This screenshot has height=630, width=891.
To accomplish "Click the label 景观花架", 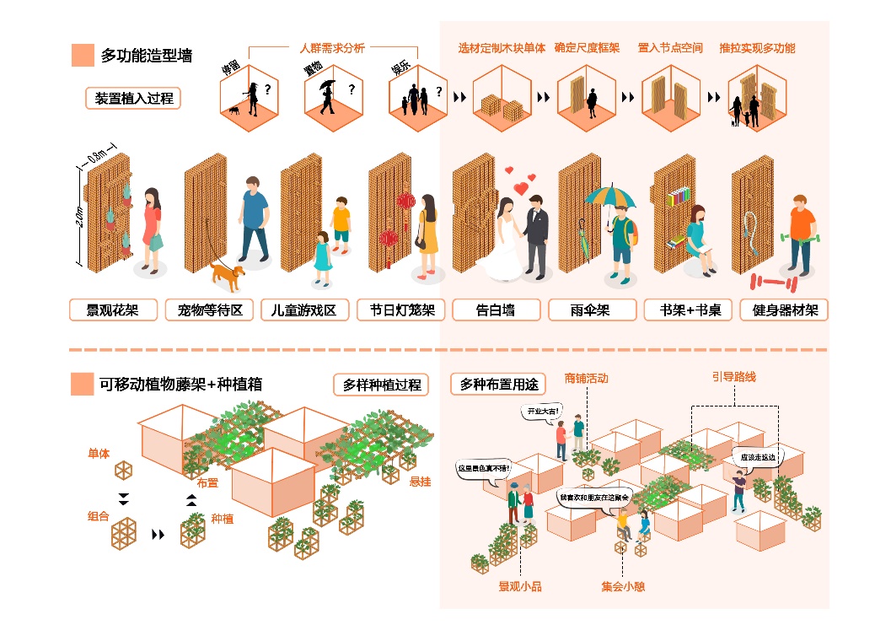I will [112, 310].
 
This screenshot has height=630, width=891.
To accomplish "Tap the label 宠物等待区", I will [209, 310].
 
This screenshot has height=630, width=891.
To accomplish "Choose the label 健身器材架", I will [785, 310].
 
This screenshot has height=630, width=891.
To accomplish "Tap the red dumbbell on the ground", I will [769, 281].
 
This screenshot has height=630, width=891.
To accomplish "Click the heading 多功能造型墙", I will [146, 56].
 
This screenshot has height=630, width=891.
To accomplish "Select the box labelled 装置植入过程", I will [132, 98].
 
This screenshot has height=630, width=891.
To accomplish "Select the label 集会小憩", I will [623, 586].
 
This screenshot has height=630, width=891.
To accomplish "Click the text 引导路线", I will [733, 377].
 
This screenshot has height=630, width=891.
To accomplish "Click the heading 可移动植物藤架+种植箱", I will [180, 385].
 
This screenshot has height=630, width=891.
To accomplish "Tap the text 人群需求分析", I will [332, 48].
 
